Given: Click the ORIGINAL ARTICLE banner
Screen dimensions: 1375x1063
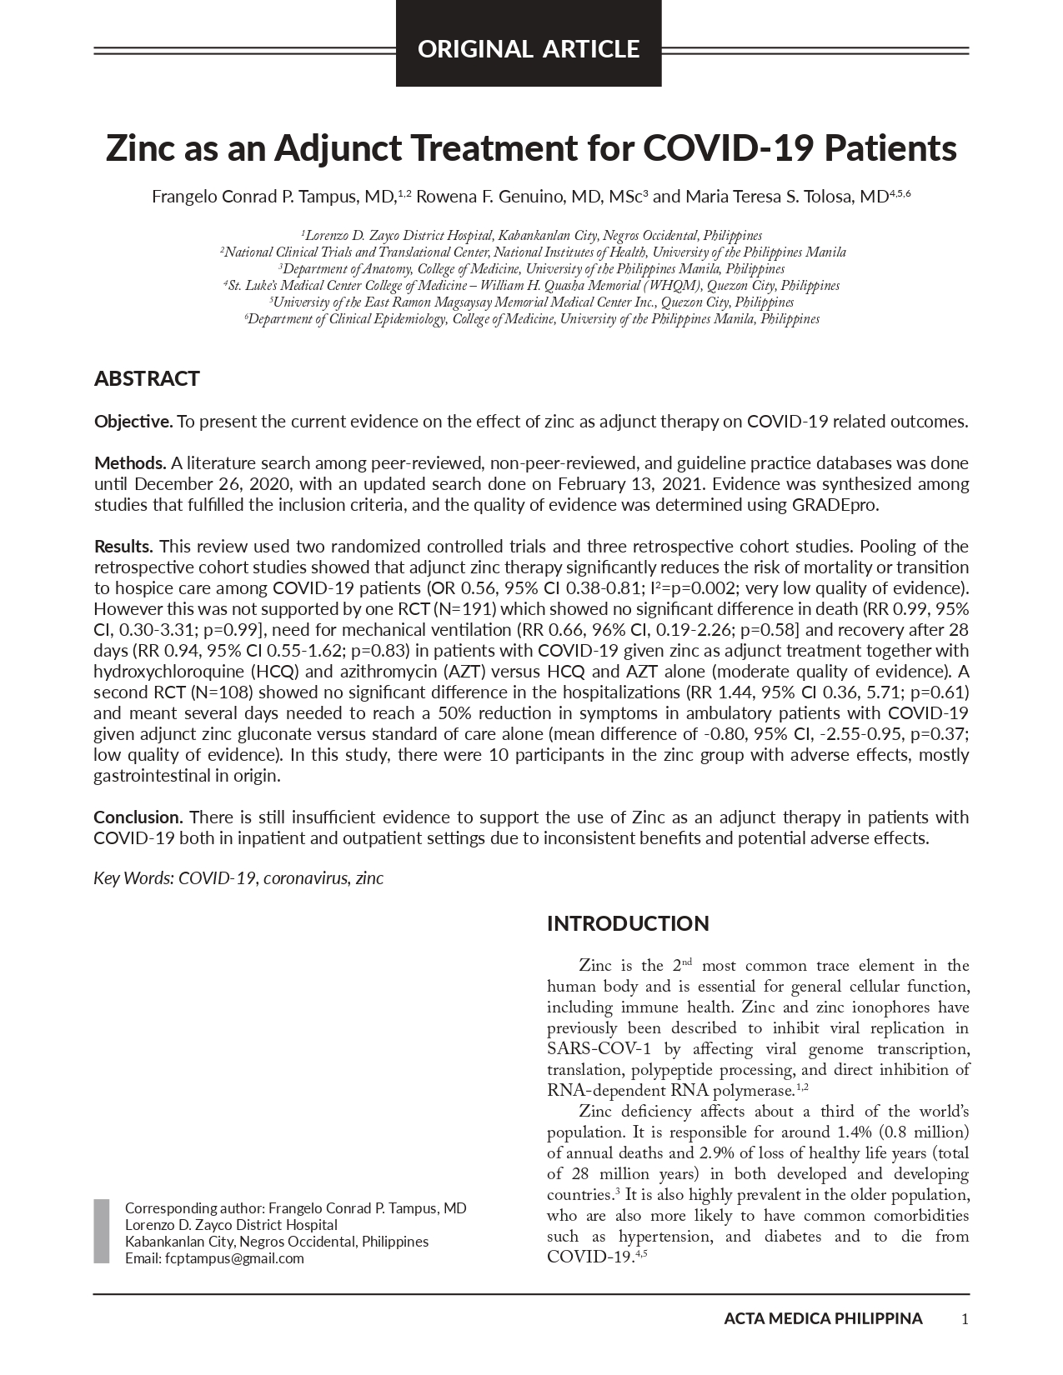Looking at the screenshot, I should point(529,49).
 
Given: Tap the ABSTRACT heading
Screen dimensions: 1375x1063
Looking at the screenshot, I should point(147,379).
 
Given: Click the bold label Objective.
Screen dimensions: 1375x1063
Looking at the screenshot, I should point(133,422).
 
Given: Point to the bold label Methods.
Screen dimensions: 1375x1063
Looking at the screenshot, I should point(129,463).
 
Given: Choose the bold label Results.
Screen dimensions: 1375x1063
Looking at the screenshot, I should point(123,547).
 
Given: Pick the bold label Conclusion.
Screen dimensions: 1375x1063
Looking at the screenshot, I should point(138,817).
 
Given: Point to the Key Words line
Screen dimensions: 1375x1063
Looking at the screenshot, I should point(238,878).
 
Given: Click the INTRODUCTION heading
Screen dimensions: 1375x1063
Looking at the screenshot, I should point(628,923).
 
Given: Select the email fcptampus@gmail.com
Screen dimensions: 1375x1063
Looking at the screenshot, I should point(234,1258).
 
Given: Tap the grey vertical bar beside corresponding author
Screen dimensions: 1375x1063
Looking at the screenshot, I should point(102,1232).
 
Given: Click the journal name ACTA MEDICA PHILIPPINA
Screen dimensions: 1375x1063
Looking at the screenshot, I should point(823,1318).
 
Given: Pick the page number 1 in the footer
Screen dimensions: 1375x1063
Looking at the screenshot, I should point(965,1318).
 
